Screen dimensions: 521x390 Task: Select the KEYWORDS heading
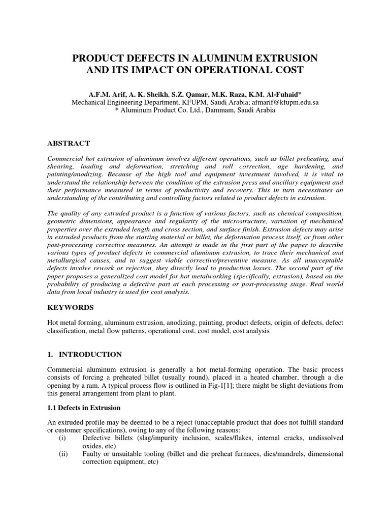[71, 308]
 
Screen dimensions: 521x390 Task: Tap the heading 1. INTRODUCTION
[84, 354]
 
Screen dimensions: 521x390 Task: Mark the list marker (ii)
[64, 454]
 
